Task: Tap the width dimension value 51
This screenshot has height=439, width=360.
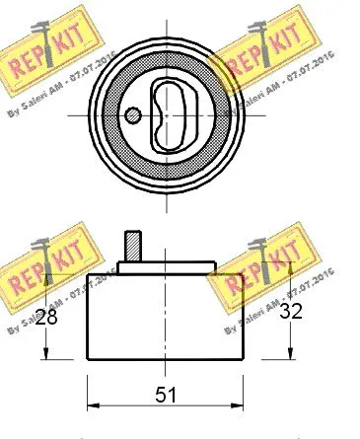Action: pyautogui.click(x=167, y=396)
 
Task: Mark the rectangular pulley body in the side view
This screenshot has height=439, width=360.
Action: pyautogui.click(x=165, y=316)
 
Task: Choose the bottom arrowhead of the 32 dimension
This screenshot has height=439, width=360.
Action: pyautogui.click(x=290, y=357)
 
